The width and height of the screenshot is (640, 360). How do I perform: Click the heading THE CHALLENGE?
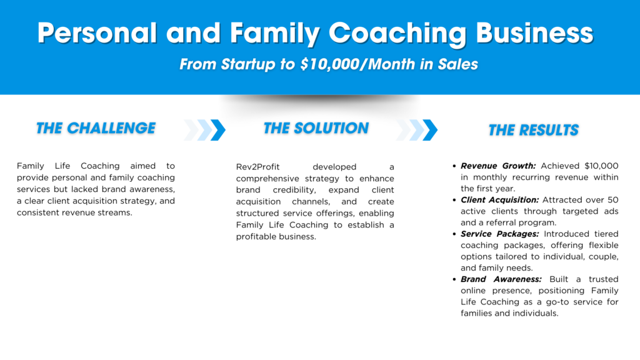pos(96,128)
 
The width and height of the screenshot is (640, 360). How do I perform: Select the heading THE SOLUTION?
pos(316,128)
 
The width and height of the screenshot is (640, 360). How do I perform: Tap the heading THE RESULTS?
pos(534,130)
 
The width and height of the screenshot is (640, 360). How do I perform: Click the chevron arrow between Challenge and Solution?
pos(204,130)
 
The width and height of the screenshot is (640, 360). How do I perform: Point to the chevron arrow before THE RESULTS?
pos(417,130)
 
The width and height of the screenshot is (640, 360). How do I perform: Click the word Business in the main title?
pos(535,32)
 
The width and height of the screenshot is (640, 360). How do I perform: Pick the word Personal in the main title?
pos(97,32)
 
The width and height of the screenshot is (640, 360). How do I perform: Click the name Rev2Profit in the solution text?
pos(258,167)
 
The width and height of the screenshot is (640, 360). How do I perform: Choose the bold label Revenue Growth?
pos(498,166)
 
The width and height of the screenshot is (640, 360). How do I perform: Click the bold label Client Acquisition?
pos(500,199)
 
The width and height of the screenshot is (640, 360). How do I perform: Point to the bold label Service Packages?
pos(500,234)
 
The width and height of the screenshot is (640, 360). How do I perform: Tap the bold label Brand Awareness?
pos(501,279)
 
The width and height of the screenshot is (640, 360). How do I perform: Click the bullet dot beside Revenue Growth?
pos(454,166)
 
